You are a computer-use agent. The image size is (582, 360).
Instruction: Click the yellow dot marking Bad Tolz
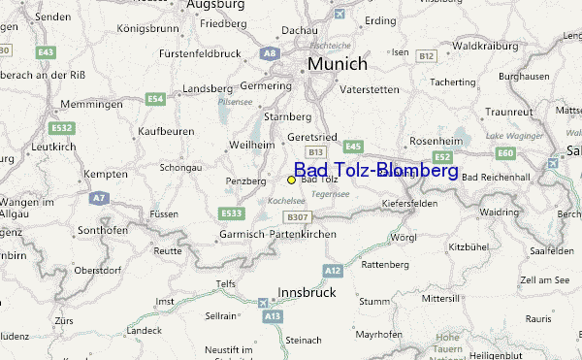[x=291, y=180]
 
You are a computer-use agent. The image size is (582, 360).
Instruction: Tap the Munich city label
[x=338, y=64]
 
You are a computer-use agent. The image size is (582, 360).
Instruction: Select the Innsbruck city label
[x=307, y=291]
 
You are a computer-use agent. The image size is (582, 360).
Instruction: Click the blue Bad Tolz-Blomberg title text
[x=375, y=171]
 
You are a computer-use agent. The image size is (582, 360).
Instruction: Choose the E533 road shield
[x=232, y=213]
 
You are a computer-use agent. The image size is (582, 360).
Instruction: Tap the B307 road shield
[x=298, y=216]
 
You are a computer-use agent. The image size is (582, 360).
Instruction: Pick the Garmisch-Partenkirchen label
[x=277, y=235]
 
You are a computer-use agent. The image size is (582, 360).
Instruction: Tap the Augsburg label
[x=214, y=5]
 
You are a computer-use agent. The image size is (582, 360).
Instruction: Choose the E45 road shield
[x=352, y=147]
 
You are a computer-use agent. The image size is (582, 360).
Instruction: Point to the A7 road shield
[x=98, y=197]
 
